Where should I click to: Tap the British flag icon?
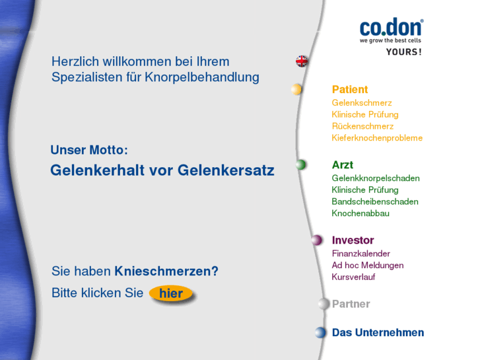click(302, 61)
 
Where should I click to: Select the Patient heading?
click(349, 90)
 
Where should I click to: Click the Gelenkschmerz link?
click(361, 103)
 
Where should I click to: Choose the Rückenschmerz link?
click(362, 126)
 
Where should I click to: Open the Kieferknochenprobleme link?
click(377, 138)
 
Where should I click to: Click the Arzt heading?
click(342, 165)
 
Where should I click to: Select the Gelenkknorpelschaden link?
click(375, 178)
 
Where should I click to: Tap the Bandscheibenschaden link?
click(374, 201)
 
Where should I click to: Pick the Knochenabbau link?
click(360, 213)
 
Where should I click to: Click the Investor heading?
click(353, 240)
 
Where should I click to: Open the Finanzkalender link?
click(360, 254)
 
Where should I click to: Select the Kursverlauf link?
click(353, 277)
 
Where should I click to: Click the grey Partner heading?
click(351, 305)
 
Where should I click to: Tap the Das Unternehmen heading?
click(378, 333)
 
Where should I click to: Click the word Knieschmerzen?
click(166, 271)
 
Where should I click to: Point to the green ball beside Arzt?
click(301, 164)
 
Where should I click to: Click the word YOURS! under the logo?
click(403, 52)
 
